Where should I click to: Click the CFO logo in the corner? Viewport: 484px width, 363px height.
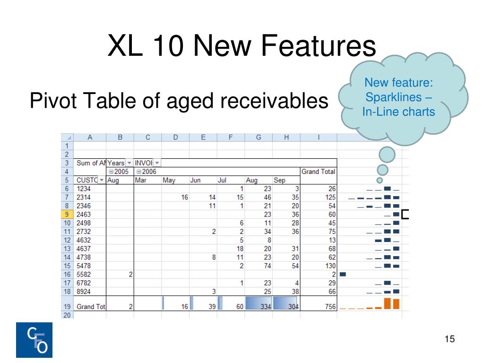34,340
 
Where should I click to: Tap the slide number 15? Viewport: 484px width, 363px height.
450,339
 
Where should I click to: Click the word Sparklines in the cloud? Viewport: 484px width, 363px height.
394,97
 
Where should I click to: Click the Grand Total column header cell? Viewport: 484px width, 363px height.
318,172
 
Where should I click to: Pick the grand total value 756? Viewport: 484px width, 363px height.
330,307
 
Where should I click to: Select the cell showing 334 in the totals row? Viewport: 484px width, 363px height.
266,307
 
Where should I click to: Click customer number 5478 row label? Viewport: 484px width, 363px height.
84,266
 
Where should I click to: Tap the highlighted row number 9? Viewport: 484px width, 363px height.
67,214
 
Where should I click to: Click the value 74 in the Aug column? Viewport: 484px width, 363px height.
268,266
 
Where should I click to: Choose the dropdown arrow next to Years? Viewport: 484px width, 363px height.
129,163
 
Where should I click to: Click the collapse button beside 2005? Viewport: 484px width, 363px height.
111,172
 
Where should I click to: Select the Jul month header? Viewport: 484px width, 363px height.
222,180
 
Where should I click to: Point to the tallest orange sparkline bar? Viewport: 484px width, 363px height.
388,303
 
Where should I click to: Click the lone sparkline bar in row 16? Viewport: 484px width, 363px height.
343,274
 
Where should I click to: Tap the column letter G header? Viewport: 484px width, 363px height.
259,138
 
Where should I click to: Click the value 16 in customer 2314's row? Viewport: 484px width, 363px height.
185,197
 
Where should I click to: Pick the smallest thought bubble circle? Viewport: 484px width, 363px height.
380,180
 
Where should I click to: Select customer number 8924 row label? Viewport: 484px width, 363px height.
84,291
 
